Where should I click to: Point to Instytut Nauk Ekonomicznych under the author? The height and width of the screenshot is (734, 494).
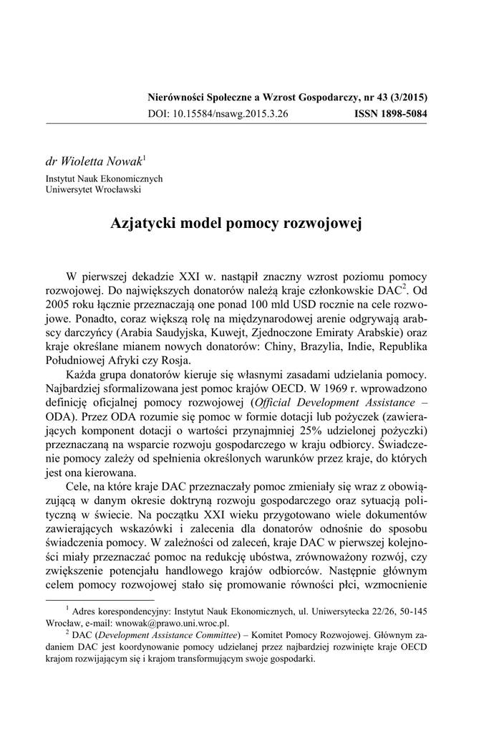coord(105,178)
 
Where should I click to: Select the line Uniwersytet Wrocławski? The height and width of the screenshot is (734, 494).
coord(93,189)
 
